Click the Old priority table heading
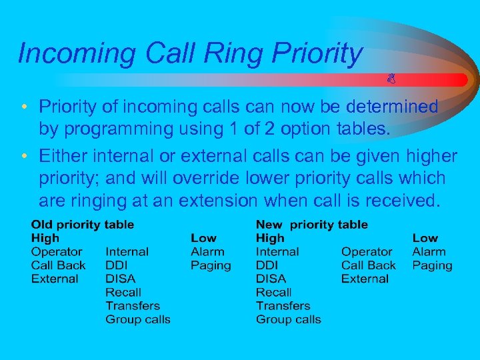coord(83,225)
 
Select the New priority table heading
coord(311,225)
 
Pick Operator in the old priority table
coord(57,252)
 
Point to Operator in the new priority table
coord(367,252)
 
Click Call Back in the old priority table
coord(59,265)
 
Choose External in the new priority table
coord(365,279)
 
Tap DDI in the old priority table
coord(117,265)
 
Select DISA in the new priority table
coord(271,279)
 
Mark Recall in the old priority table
coord(123,292)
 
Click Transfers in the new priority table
coord(283,306)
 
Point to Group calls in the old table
coord(138,319)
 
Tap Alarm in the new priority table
coord(429,252)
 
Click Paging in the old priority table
coord(211,265)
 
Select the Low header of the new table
coord(425,238)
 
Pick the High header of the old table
coord(45,238)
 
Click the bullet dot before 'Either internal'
coord(23,157)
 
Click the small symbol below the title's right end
coord(392,80)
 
